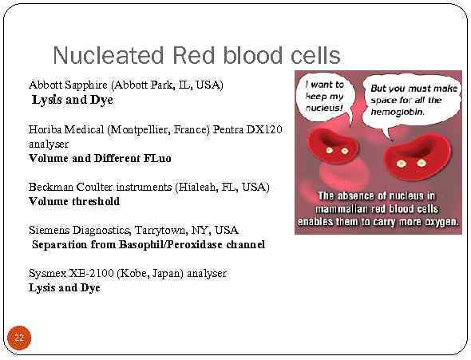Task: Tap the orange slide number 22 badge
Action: [x=19, y=338]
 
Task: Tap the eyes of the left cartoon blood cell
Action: [x=340, y=150]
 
